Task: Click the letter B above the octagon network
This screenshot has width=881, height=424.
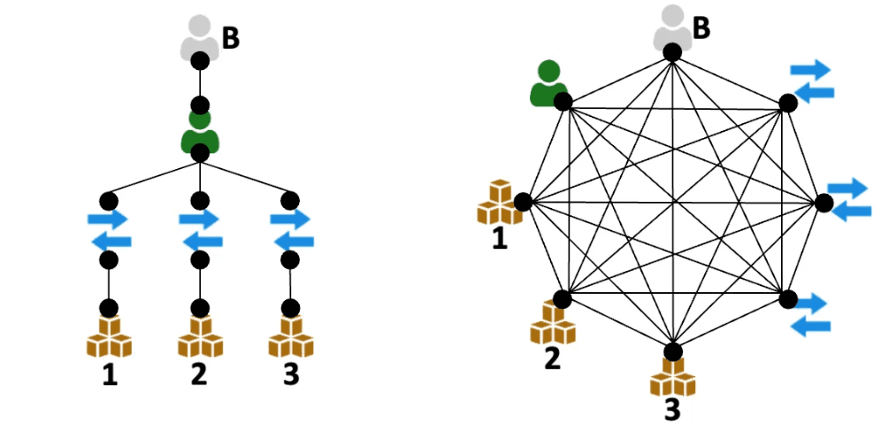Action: pyautogui.click(x=701, y=27)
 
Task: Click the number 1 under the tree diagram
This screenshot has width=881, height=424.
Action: pyautogui.click(x=109, y=375)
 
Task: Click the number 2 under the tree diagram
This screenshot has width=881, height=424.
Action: pyautogui.click(x=199, y=375)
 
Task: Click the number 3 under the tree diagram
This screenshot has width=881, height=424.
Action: pyautogui.click(x=290, y=375)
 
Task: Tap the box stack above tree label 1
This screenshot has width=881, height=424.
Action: pyautogui.click(x=109, y=337)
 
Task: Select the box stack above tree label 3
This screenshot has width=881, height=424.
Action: pyautogui.click(x=290, y=337)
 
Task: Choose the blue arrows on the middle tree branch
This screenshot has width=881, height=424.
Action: pyautogui.click(x=200, y=229)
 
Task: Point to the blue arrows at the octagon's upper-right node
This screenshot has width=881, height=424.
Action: pyautogui.click(x=811, y=80)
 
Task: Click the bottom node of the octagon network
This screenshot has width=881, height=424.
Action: pyautogui.click(x=672, y=351)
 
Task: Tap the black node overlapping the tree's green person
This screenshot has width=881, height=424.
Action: pyautogui.click(x=200, y=152)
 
